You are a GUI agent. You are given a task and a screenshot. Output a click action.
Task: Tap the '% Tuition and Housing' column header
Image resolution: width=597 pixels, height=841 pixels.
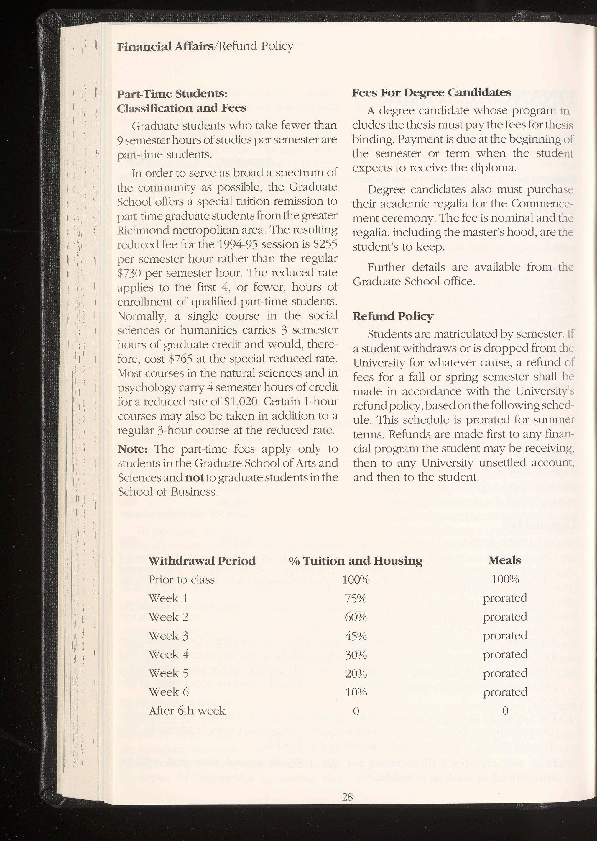pos(356,561)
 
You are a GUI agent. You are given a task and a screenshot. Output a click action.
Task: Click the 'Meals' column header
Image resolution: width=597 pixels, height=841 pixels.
pos(504,560)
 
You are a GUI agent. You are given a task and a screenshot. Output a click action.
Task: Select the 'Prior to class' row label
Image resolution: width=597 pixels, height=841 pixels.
pos(181,580)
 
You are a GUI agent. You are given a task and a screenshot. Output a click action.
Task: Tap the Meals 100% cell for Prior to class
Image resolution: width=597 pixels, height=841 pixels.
pos(505,580)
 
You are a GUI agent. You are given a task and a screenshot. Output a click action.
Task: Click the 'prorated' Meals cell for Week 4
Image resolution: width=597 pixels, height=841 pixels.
pos(505,655)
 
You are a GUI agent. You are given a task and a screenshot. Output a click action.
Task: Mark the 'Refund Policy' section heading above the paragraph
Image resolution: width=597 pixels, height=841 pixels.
pos(393,316)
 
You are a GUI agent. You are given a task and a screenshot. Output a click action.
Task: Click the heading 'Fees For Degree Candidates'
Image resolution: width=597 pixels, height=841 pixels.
pos(432,92)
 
